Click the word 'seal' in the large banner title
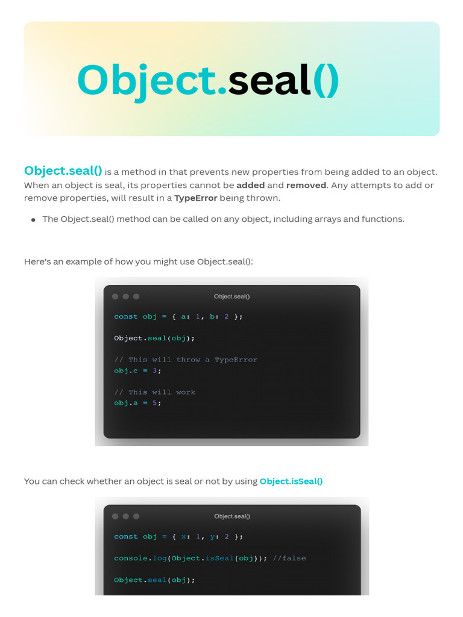point(269,80)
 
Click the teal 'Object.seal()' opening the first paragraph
point(63,171)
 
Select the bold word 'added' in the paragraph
point(250,185)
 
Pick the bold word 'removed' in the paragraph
point(306,185)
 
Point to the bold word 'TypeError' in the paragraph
point(195,198)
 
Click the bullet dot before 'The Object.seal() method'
point(33,220)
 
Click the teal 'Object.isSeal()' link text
point(291,481)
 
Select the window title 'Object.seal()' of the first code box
point(231,296)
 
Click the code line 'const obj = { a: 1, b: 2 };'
point(178,316)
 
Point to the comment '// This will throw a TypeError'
point(186,360)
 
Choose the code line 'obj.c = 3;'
point(137,371)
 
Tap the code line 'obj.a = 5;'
point(137,403)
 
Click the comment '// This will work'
point(154,392)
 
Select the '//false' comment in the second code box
point(289,559)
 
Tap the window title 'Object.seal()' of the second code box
point(231,516)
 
